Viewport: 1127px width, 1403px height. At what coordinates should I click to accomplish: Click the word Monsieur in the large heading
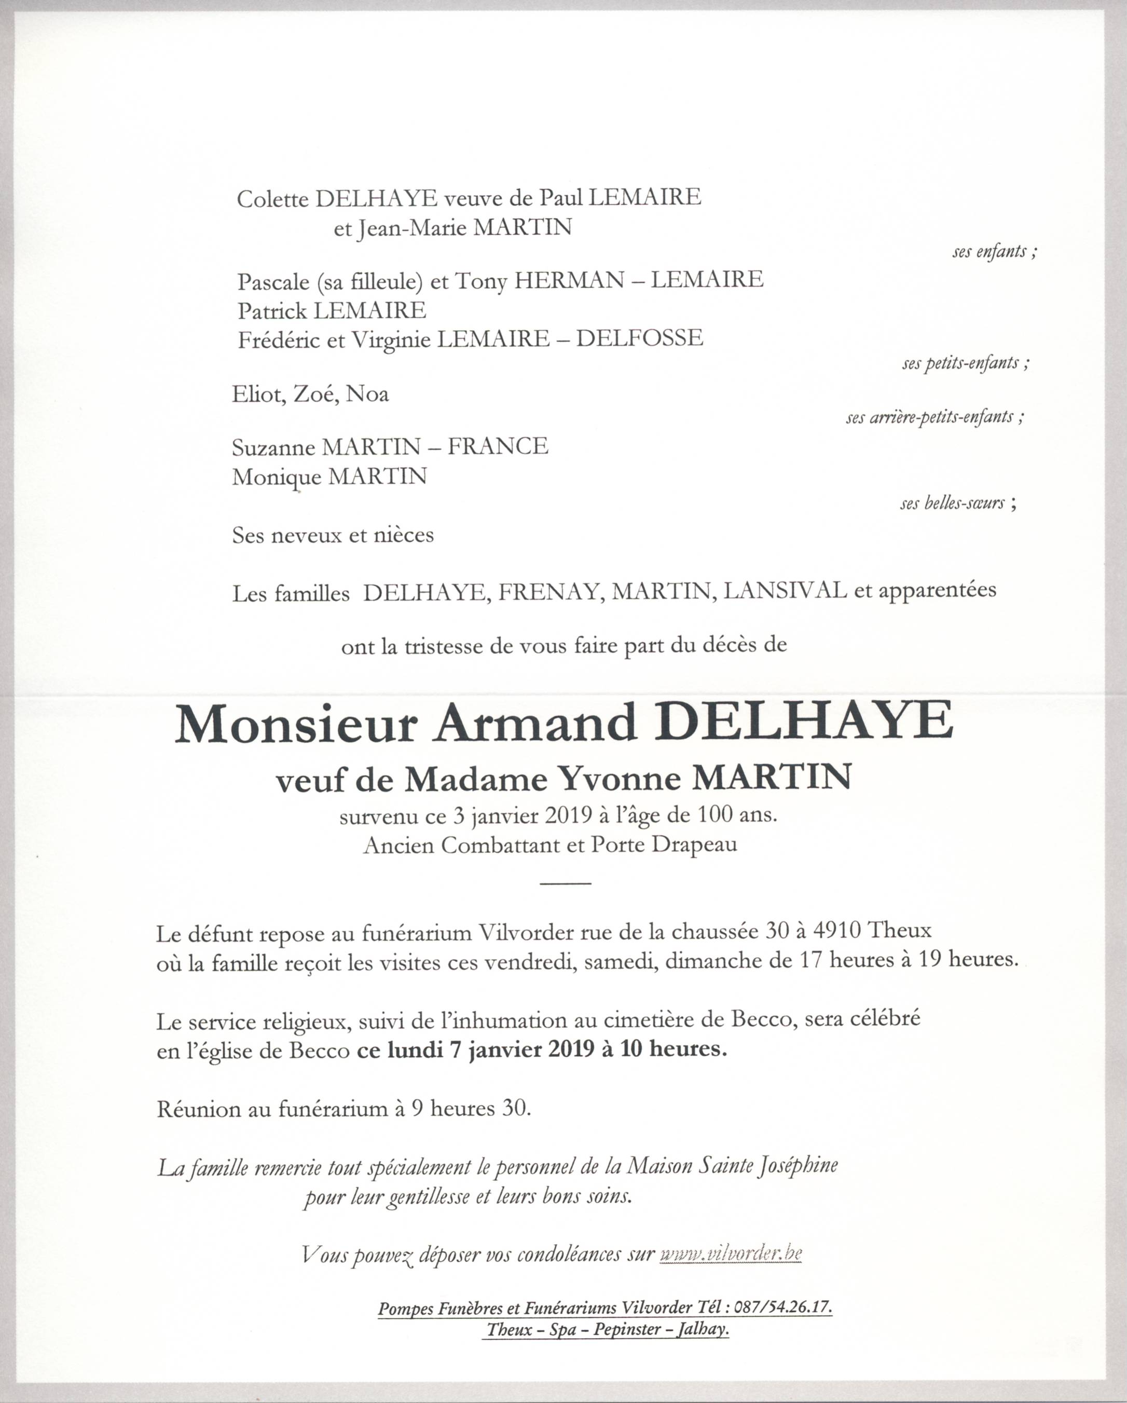pos(295,724)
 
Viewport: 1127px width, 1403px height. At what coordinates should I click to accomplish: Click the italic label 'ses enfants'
pos(994,252)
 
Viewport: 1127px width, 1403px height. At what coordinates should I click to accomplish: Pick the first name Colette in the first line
pos(272,198)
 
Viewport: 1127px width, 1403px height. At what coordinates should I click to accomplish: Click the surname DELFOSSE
pos(640,338)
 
